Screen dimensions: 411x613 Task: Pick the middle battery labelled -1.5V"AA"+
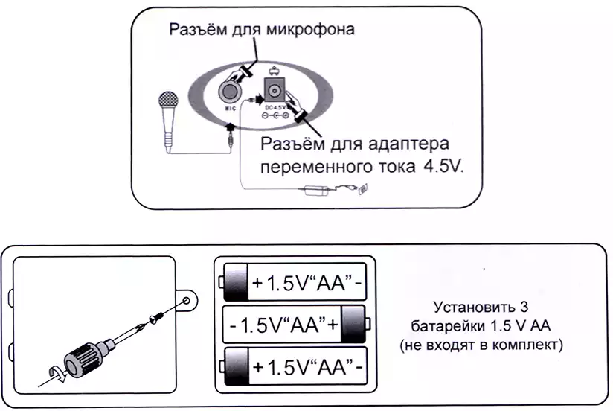[295, 325]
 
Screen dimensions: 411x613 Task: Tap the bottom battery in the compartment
[295, 367]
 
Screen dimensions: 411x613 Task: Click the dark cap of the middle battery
[353, 325]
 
